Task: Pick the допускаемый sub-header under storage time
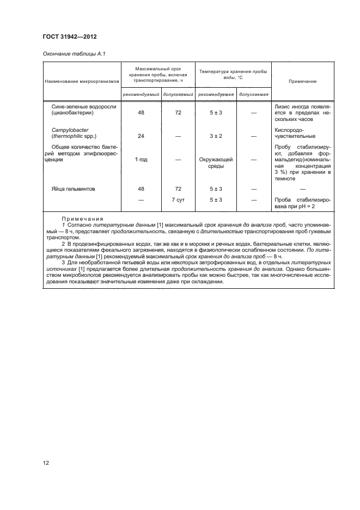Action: [178, 94]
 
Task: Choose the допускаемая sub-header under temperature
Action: [253, 94]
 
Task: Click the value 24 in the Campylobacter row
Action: [141, 136]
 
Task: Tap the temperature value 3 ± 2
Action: [216, 136]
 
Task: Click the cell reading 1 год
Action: [141, 160]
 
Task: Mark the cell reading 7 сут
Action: [178, 201]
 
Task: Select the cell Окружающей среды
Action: [216, 163]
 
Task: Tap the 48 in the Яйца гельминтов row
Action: [141, 189]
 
